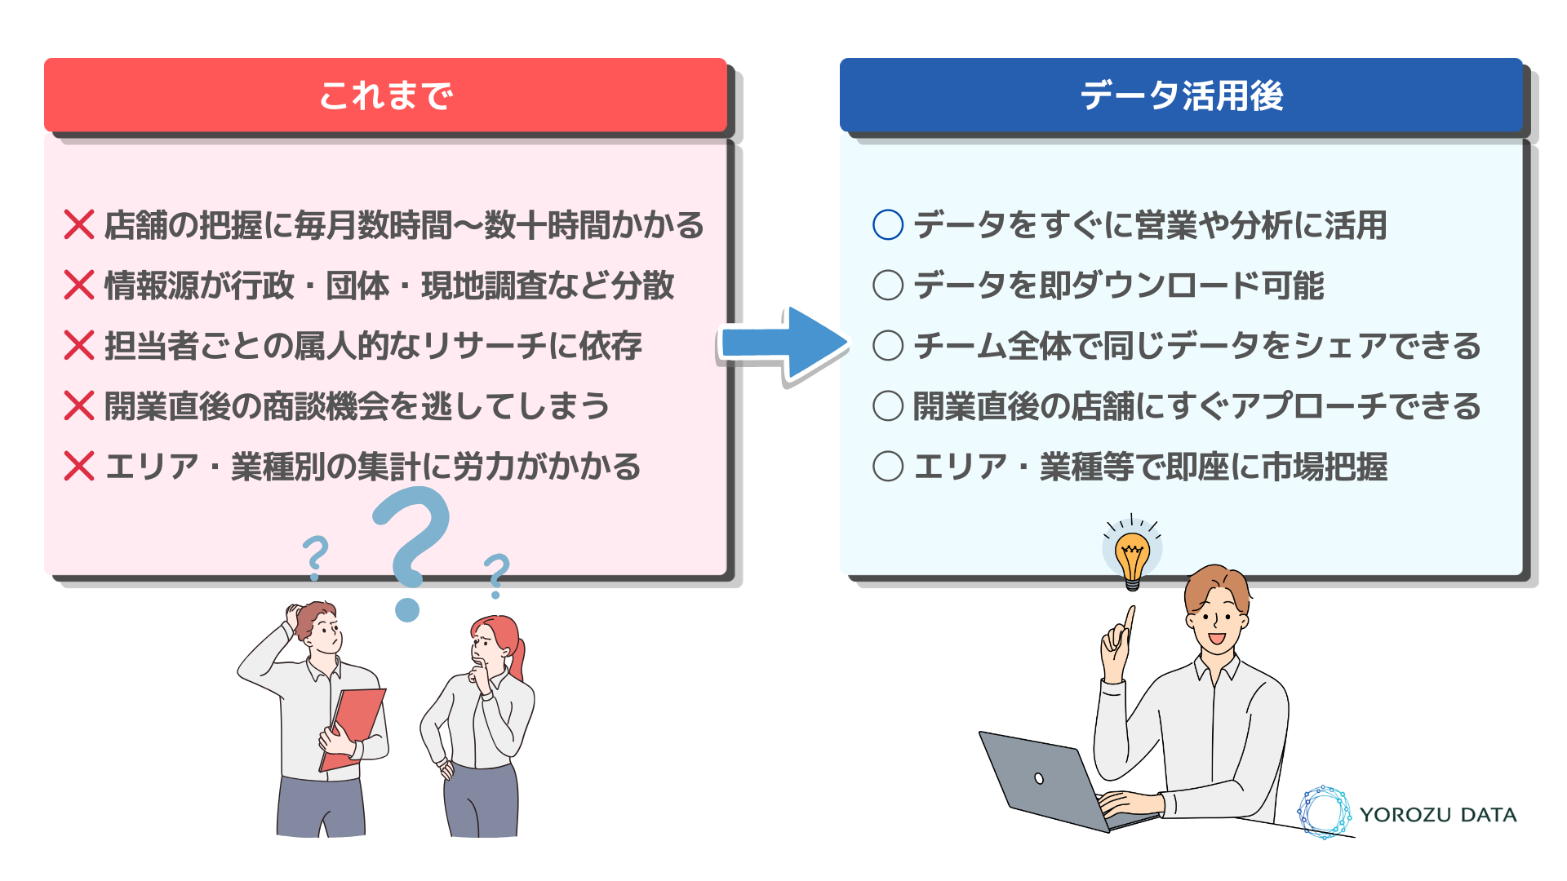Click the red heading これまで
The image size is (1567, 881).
[x=385, y=95]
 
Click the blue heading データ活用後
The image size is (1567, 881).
[x=1181, y=95]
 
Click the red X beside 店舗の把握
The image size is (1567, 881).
[x=79, y=224]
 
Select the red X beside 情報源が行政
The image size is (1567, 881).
[x=79, y=285]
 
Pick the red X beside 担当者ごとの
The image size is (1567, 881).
[x=79, y=345]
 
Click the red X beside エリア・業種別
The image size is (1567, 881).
[x=79, y=466]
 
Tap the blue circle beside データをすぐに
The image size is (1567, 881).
[x=888, y=224]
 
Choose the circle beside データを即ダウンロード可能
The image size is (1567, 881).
[x=888, y=285]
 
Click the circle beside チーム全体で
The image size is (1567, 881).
[x=888, y=345]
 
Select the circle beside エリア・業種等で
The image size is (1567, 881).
[x=888, y=466]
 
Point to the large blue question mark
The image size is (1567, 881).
[x=412, y=547]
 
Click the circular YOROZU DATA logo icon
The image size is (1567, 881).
[x=1324, y=812]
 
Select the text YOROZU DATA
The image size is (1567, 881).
[x=1438, y=814]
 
